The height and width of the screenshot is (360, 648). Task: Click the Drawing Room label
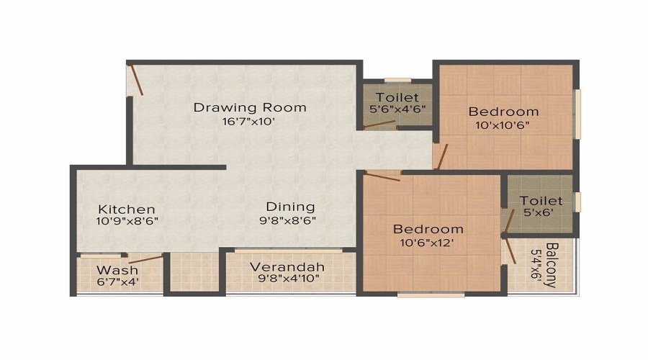coord(249,107)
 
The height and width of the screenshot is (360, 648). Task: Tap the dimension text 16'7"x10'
coord(249,122)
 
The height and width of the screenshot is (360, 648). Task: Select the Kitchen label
coord(127,209)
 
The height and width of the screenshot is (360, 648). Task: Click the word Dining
coord(290,207)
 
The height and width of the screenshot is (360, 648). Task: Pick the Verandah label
coord(287,267)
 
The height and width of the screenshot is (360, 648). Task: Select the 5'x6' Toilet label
coord(541,200)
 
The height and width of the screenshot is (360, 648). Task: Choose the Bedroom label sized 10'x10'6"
coord(503,112)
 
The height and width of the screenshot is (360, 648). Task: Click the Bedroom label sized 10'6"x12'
coord(428,230)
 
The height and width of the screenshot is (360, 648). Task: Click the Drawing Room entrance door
coord(137,80)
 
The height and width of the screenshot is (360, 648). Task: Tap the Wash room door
coord(145,258)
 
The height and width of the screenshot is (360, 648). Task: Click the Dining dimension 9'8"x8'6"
coord(287,220)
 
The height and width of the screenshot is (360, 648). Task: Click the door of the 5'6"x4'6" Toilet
coord(379,125)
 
